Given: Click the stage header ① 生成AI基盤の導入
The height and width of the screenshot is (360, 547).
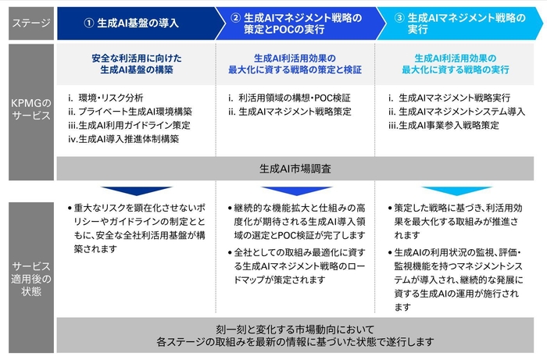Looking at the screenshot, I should pyautogui.click(x=131, y=22).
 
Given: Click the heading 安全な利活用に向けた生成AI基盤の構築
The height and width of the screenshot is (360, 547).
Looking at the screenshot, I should pyautogui.click(x=136, y=63).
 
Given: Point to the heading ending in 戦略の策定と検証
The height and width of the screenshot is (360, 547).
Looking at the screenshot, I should pyautogui.click(x=296, y=63).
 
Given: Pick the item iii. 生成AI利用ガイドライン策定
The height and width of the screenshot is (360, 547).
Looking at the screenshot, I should pyautogui.click(x=130, y=125).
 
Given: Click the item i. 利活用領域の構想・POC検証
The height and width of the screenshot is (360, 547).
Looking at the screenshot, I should pyautogui.click(x=290, y=98).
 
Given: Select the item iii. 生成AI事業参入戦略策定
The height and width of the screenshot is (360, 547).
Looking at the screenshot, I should pyautogui.click(x=443, y=125).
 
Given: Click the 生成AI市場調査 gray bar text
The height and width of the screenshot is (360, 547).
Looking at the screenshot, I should pyautogui.click(x=295, y=168).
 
